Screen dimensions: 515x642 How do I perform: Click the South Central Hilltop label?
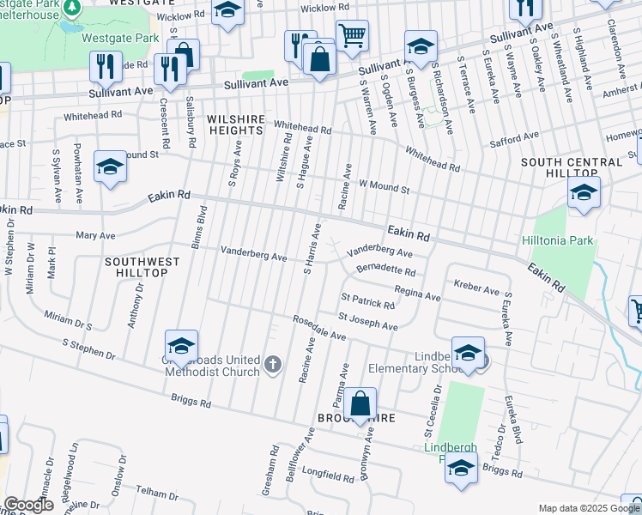571,167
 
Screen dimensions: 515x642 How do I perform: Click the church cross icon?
272,365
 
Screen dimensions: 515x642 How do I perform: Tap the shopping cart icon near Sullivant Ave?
351,36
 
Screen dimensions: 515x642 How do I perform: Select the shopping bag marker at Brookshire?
362,403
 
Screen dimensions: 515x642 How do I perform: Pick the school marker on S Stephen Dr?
181,346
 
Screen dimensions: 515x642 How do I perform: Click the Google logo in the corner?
28,505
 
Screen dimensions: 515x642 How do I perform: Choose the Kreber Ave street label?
476,290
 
